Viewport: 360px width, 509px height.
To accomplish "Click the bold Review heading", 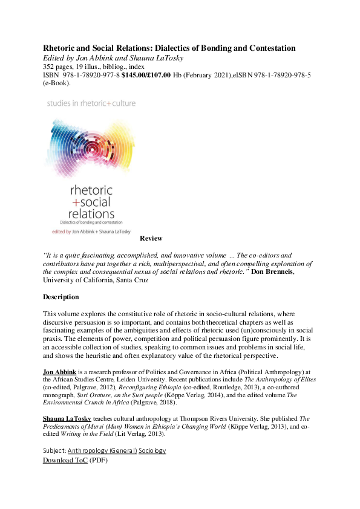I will coord(151,239).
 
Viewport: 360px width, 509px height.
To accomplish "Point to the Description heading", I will coord(61,297).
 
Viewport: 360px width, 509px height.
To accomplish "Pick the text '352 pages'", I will coord(58,66).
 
